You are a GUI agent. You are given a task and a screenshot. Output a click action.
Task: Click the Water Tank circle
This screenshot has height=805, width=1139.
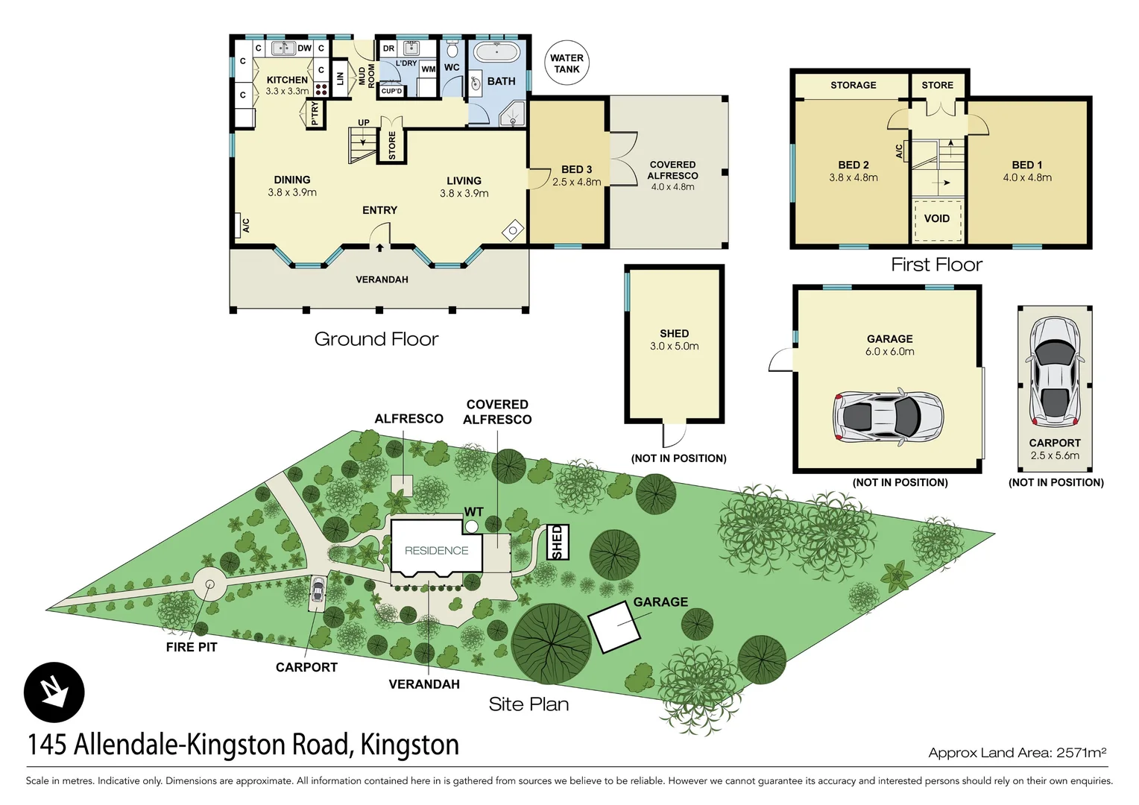pyautogui.click(x=567, y=63)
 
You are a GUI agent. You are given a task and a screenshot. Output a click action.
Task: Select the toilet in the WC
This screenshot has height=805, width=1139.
pyautogui.click(x=452, y=51)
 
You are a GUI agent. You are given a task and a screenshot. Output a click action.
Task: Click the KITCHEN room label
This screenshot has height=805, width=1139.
pyautogui.click(x=287, y=80)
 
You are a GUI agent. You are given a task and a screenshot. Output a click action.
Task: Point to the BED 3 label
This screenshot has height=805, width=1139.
pyautogui.click(x=576, y=169)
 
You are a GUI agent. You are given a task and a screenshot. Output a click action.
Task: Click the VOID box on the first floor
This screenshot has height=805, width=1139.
pyautogui.click(x=937, y=219)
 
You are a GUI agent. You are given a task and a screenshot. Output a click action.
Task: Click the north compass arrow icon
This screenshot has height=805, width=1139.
pyautogui.click(x=54, y=692)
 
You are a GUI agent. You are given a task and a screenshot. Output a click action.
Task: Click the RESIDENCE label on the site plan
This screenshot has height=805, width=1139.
pyautogui.click(x=436, y=551)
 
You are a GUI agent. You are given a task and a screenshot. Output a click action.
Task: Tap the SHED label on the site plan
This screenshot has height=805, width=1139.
pyautogui.click(x=558, y=542)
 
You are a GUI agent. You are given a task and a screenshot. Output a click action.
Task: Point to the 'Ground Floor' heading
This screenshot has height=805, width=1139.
pyautogui.click(x=376, y=339)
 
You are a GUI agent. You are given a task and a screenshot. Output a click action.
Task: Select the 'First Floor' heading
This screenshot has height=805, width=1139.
pyautogui.click(x=936, y=265)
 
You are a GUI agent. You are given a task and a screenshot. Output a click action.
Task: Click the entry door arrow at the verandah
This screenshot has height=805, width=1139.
pyautogui.click(x=379, y=247)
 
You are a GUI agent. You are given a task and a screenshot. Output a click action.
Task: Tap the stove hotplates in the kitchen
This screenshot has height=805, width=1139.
pyautogui.click(x=321, y=89)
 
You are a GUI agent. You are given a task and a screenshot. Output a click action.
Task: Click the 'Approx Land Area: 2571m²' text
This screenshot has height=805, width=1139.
pyautogui.click(x=1017, y=753)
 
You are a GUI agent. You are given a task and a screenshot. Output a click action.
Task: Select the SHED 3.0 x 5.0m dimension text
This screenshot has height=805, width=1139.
pyautogui.click(x=674, y=347)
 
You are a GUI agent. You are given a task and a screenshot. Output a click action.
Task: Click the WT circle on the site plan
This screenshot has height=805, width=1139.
pyautogui.click(x=471, y=526)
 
